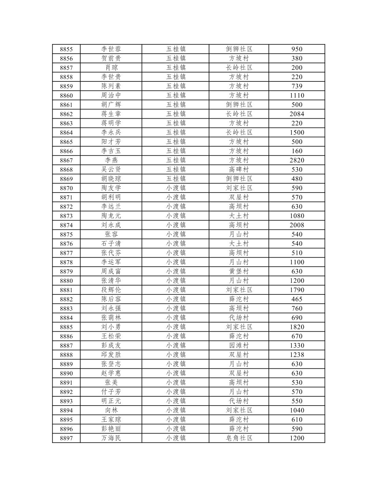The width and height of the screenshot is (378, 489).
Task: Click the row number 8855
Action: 66,49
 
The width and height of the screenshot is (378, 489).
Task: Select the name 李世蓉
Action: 111,49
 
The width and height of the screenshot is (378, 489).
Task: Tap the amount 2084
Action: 297,114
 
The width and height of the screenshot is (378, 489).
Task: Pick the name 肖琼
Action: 111,68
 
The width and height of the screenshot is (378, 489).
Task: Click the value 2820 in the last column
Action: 297,160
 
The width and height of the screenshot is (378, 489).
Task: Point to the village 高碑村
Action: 239,170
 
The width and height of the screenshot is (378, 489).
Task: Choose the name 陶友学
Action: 111,188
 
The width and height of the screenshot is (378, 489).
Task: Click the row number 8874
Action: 66,225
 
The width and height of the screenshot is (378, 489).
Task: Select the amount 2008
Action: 297,225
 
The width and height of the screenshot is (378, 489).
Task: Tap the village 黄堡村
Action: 239,272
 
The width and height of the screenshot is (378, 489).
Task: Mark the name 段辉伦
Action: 111,290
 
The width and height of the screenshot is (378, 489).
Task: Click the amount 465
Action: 297,299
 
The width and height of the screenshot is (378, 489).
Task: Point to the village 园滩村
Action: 239,346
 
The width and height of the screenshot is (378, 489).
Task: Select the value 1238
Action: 297,355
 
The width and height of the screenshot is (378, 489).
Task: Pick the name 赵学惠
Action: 111,373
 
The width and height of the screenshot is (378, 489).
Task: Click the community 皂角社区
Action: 239,438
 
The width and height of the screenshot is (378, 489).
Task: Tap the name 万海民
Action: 111,438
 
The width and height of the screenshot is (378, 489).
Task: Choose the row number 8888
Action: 66,355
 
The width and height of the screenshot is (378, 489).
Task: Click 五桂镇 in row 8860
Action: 176,96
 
